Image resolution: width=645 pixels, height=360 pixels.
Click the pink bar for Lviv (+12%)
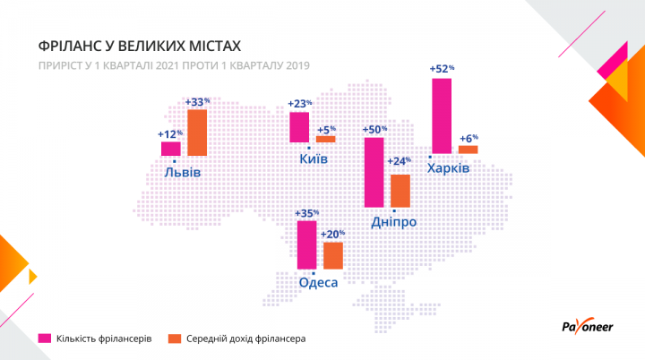(x=171, y=150)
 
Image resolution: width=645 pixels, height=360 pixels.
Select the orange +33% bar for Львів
(x=197, y=133)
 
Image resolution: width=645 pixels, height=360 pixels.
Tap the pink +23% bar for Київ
(x=299, y=126)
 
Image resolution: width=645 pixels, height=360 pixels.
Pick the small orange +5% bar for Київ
(x=325, y=139)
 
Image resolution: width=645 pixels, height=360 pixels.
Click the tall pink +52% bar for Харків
(x=441, y=116)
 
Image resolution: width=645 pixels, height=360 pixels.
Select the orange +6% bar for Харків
(x=468, y=149)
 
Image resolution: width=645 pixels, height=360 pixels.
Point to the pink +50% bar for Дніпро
(x=374, y=171)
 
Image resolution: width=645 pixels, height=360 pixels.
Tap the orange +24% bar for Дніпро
(x=400, y=190)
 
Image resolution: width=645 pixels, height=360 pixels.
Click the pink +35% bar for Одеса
(x=306, y=244)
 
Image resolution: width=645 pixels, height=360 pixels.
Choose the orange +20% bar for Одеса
(x=332, y=255)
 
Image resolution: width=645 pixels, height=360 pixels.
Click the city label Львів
(x=182, y=172)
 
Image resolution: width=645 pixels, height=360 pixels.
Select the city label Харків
(x=447, y=169)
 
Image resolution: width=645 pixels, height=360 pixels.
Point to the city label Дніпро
(x=393, y=222)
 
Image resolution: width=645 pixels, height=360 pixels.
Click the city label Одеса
(x=318, y=282)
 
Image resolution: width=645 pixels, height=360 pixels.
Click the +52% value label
(x=442, y=68)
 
